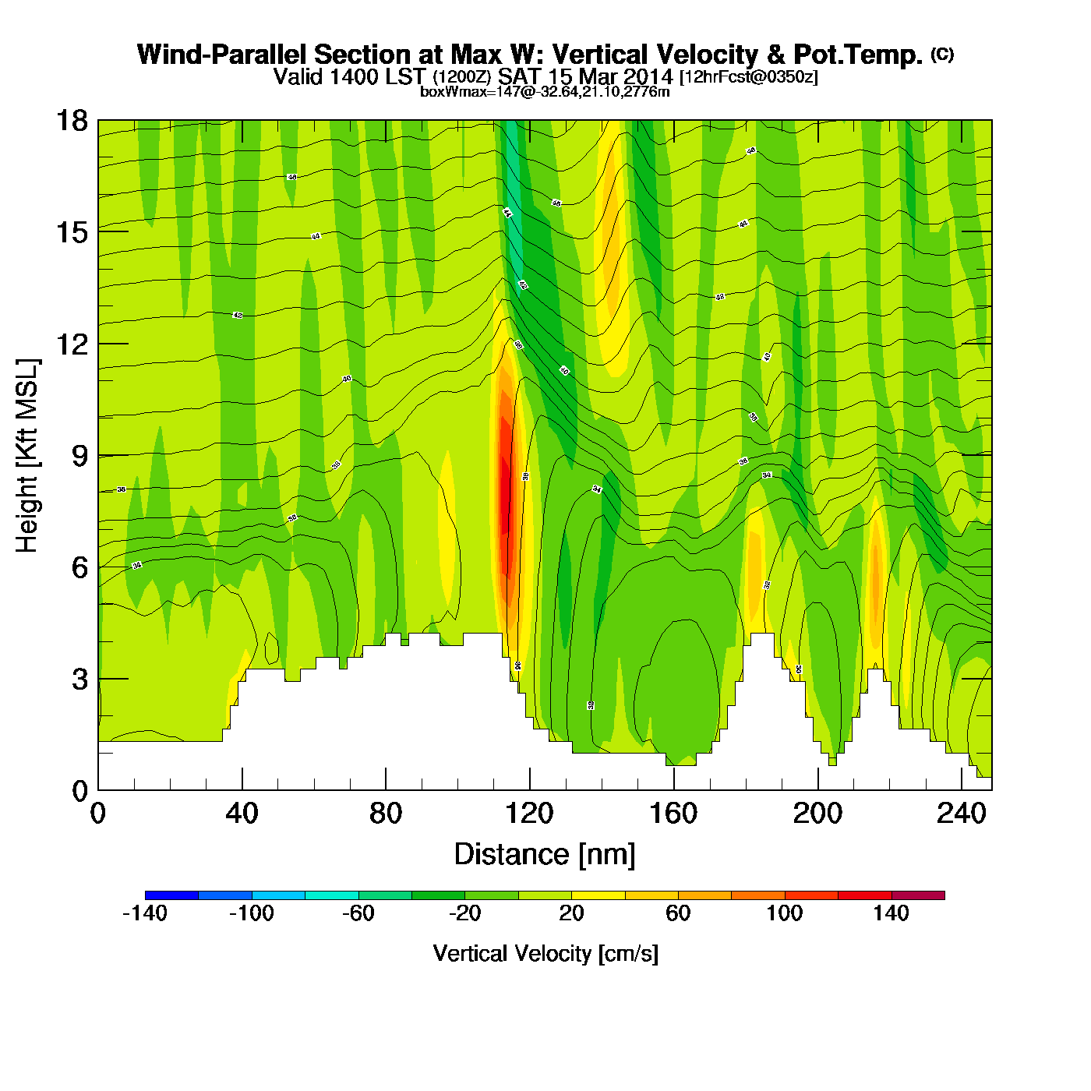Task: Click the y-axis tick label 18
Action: click(x=72, y=122)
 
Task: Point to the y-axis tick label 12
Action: click(x=72, y=344)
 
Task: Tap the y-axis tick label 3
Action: click(x=79, y=679)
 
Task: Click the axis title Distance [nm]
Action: click(x=545, y=855)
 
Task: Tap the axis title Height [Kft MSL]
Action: click(x=27, y=456)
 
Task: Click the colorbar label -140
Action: click(x=145, y=913)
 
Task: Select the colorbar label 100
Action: click(x=784, y=913)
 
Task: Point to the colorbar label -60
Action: click(x=358, y=913)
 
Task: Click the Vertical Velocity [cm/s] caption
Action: click(x=545, y=953)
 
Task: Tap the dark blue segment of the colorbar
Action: click(x=171, y=895)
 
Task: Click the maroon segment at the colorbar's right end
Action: click(x=918, y=895)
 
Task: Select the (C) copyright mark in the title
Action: click(x=942, y=54)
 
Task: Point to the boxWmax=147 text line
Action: click(x=545, y=92)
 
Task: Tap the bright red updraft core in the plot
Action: click(x=506, y=499)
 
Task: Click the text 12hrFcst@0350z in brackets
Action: click(x=749, y=78)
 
